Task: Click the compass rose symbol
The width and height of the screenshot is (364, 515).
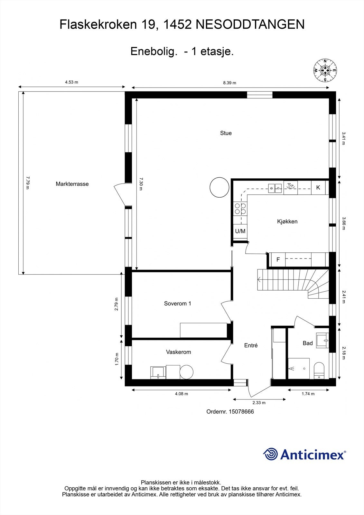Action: [325, 70]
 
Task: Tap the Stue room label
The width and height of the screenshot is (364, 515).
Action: [226, 133]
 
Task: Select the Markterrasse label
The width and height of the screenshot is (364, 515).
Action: [72, 184]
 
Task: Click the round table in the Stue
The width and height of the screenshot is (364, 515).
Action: [219, 187]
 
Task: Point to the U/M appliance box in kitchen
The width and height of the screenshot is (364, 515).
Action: [240, 231]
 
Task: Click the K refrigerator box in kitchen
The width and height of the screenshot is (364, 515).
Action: [318, 187]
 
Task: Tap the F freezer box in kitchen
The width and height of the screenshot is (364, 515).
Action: [278, 259]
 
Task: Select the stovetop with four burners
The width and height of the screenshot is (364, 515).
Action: [240, 209]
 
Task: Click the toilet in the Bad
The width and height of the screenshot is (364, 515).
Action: [319, 370]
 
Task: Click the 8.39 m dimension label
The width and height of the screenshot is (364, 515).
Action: [230, 83]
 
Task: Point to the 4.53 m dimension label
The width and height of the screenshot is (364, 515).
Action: [71, 82]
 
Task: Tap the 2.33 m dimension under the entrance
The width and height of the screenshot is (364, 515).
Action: [259, 402]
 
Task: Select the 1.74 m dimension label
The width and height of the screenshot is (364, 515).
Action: [308, 394]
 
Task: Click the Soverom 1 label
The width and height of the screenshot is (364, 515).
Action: [177, 304]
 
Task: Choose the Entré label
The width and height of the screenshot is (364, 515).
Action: [251, 345]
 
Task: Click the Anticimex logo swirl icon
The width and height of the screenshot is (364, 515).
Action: [270, 454]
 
